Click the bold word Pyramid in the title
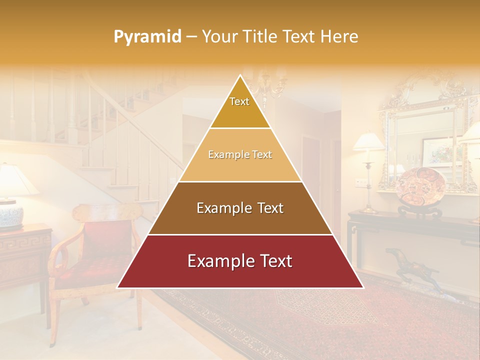(147, 36)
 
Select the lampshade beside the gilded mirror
(369, 141)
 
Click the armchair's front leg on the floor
(52, 320)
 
